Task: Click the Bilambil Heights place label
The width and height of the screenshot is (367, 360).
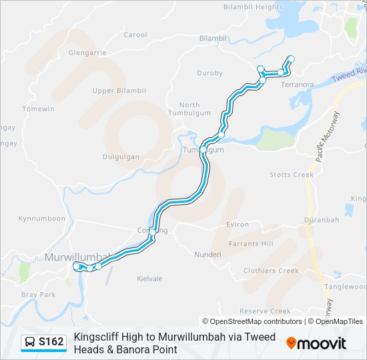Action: tap(254, 7)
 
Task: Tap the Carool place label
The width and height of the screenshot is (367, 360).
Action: tap(135, 35)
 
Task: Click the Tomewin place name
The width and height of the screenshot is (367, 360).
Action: tap(38, 109)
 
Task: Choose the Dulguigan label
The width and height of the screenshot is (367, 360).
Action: tap(121, 157)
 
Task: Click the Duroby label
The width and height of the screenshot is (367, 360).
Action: tap(210, 73)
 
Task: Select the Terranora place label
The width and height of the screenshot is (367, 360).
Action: tap(298, 85)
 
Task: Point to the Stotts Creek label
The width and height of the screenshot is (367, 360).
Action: tap(291, 175)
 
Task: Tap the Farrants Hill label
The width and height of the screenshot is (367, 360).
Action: tap(251, 244)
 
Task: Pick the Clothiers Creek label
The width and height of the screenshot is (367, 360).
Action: tap(271, 271)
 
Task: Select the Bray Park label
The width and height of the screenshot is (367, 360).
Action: tap(38, 294)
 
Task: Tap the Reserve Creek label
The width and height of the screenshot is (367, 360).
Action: tap(265, 311)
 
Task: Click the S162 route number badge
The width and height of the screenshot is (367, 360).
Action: tap(43, 342)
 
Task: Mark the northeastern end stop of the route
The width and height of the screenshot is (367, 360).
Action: tap(291, 59)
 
